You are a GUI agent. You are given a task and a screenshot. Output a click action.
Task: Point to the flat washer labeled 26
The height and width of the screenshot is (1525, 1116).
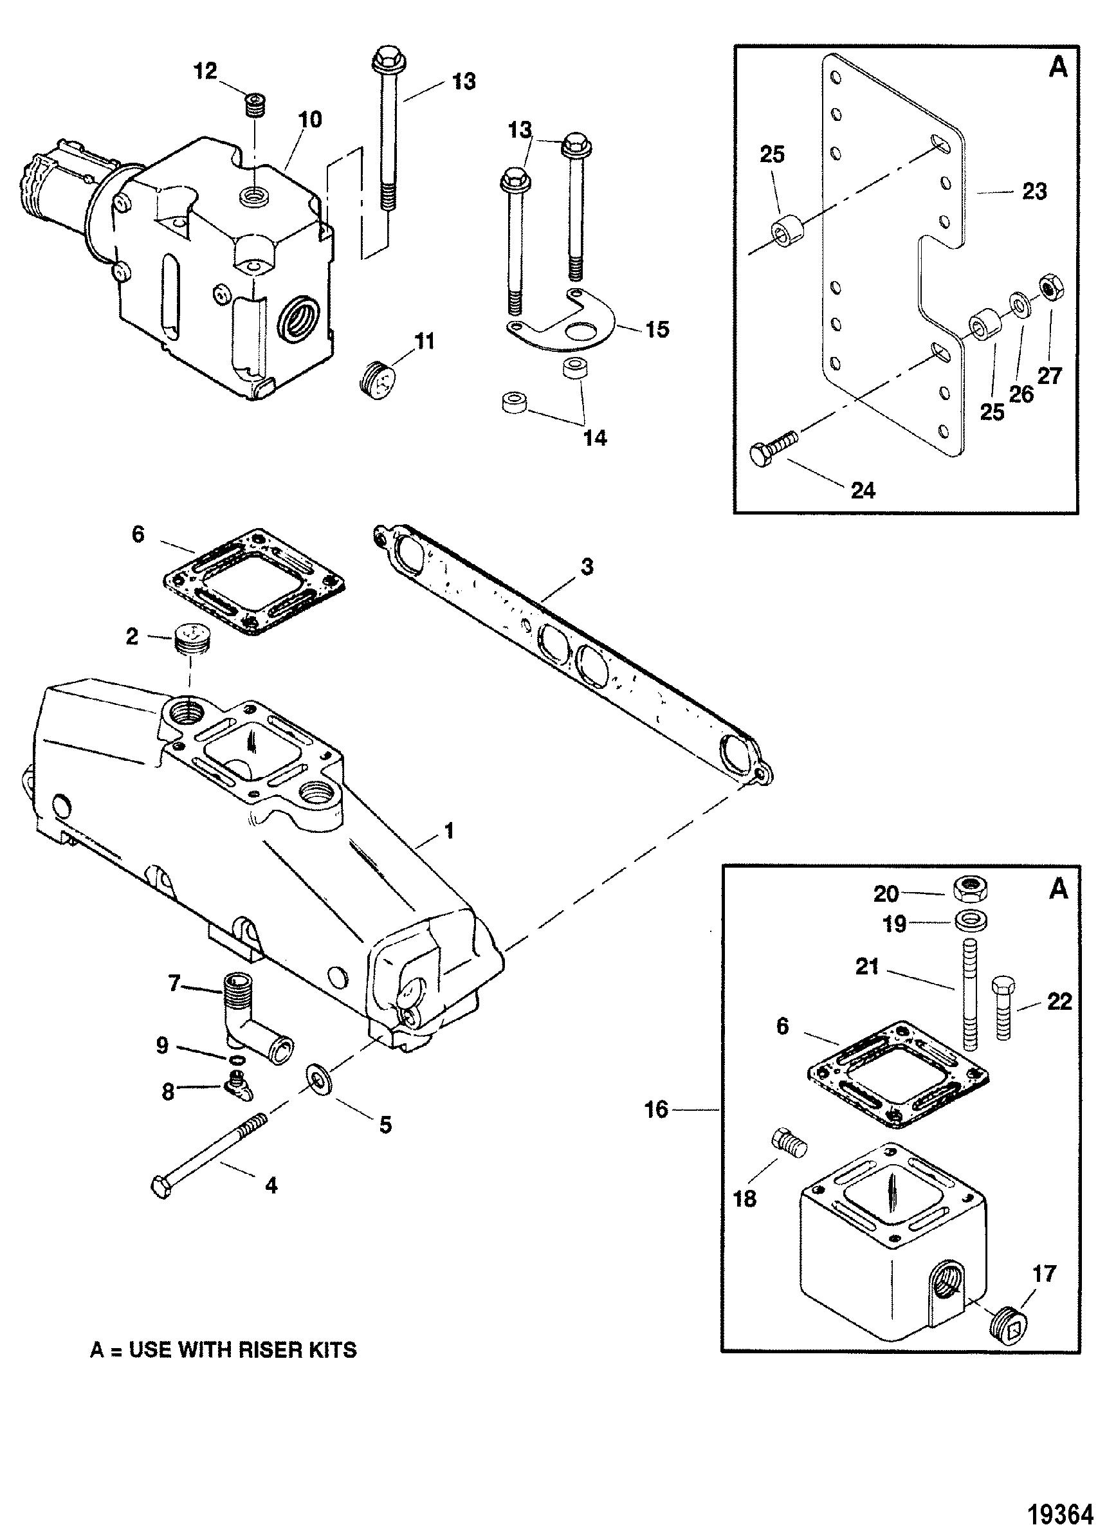click(1020, 305)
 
